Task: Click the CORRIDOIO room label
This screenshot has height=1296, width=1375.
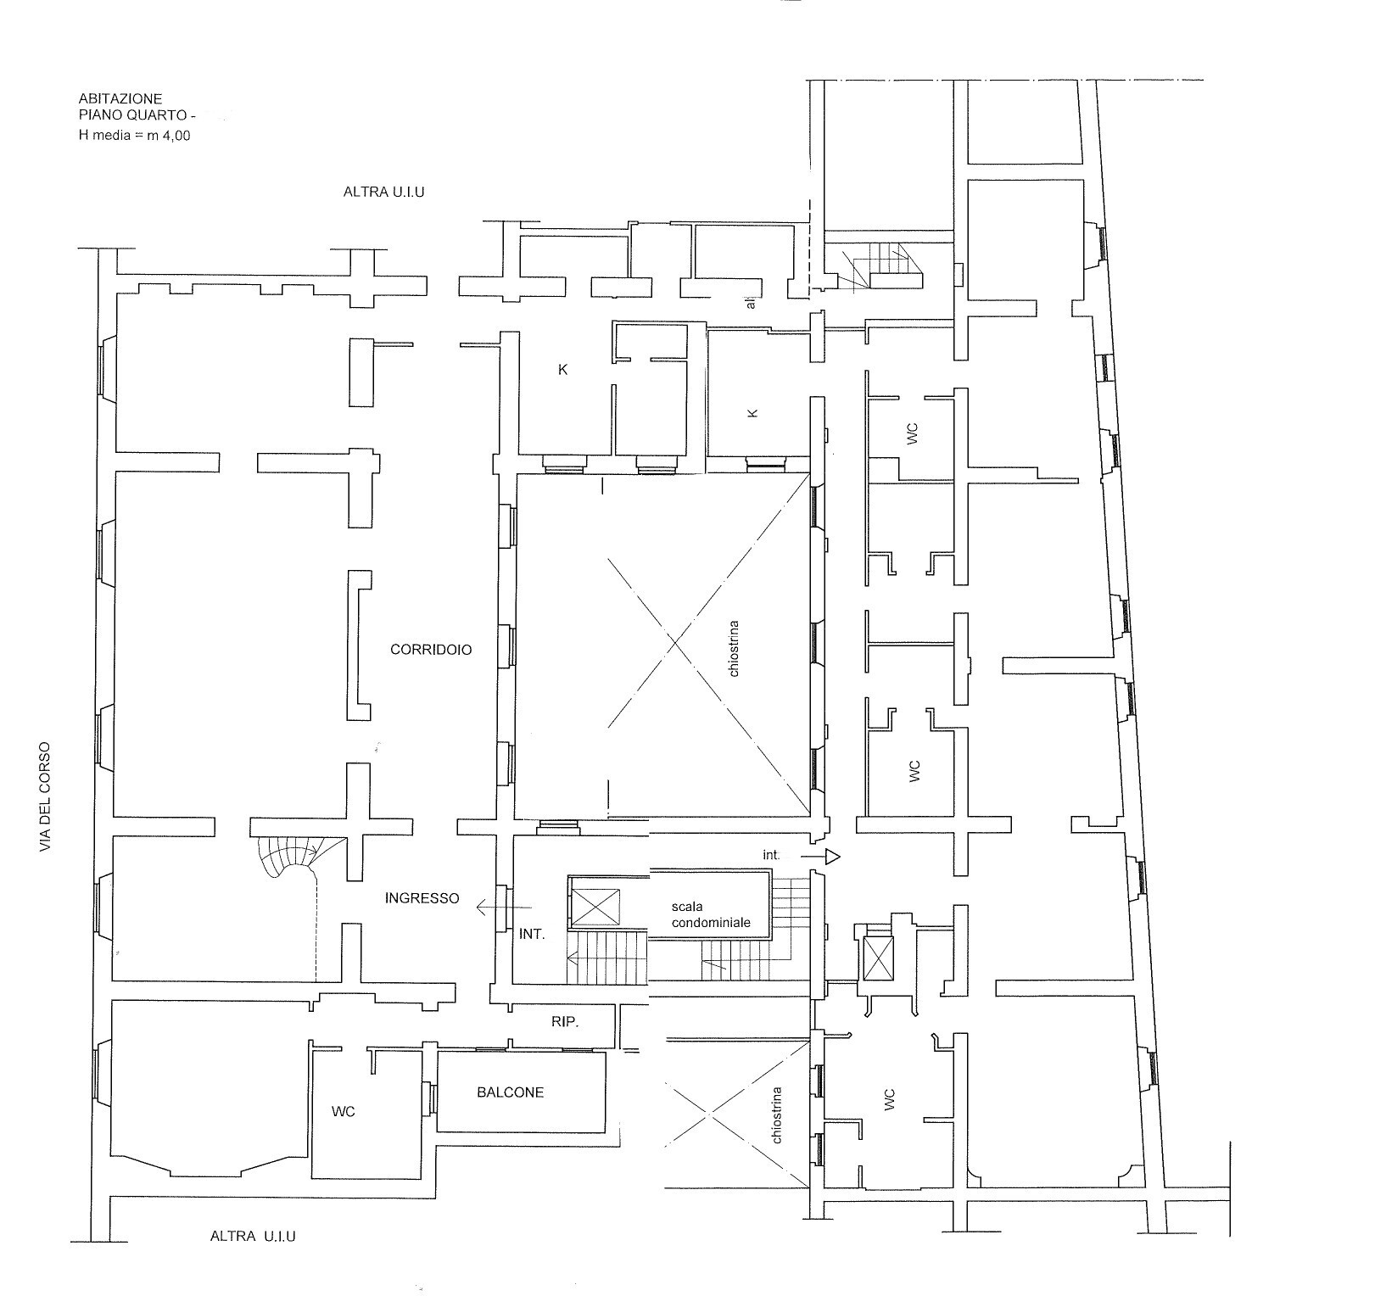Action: point(431,650)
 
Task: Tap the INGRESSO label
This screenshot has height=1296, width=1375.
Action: point(422,898)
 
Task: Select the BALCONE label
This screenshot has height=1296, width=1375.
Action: point(510,1092)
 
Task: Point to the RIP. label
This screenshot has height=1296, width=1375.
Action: point(565,1022)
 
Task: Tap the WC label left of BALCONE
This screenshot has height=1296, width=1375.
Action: point(344,1111)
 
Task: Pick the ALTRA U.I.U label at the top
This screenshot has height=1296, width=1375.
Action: point(383,192)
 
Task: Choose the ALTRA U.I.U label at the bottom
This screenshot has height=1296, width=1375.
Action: point(253,1237)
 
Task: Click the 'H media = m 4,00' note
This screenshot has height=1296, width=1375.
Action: point(134,134)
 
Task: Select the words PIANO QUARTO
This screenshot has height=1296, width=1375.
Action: point(117,116)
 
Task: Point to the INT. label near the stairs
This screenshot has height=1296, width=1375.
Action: point(532,935)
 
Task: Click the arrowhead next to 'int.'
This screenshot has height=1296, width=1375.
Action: point(833,857)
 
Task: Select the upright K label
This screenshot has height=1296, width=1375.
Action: point(562,370)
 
